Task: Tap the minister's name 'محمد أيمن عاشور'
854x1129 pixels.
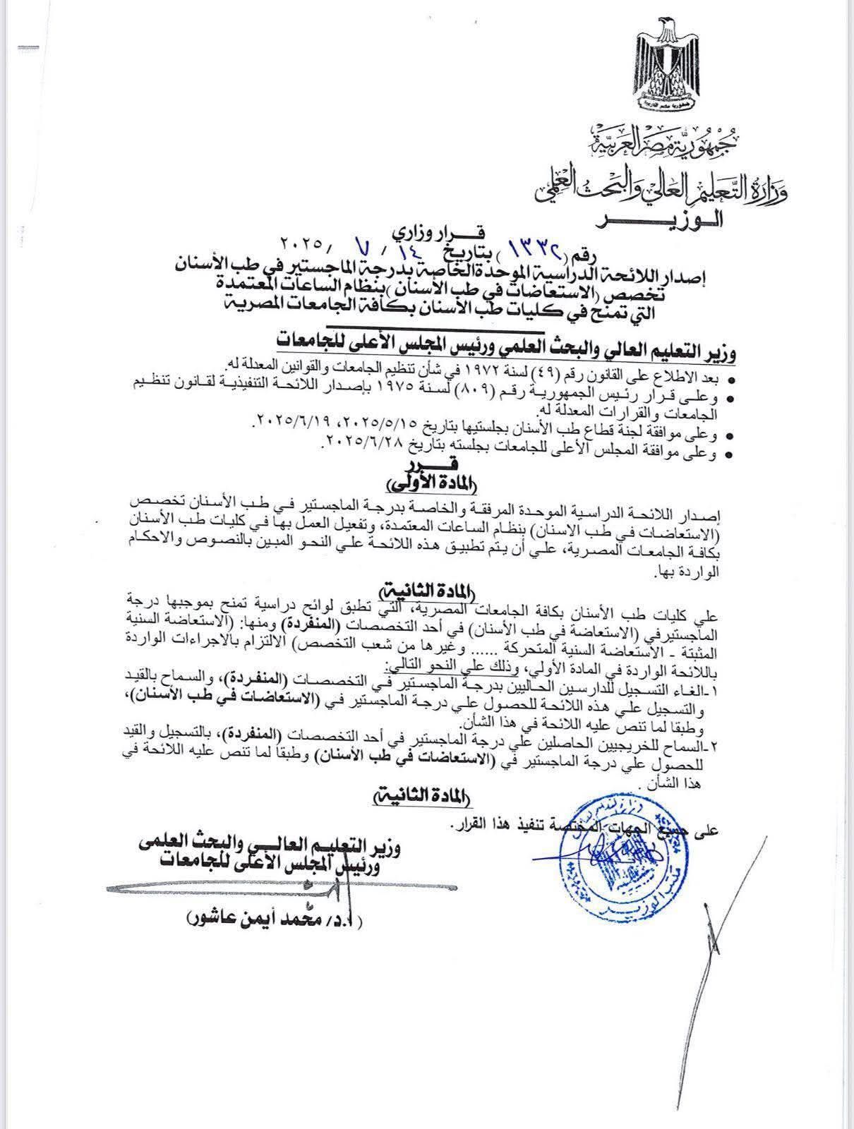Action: tap(276, 918)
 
